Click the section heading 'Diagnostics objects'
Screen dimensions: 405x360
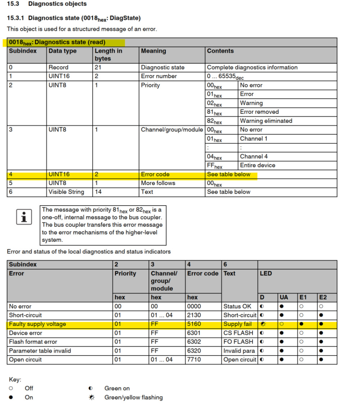pos(57,4)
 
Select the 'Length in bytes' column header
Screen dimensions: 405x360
pos(108,55)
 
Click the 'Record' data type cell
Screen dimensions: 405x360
pos(58,67)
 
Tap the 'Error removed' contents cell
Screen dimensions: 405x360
pos(259,112)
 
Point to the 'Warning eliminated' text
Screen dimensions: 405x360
pos(266,121)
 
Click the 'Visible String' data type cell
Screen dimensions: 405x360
pos(66,192)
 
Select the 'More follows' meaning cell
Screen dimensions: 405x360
pos(158,183)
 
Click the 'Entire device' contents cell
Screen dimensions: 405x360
pos(257,165)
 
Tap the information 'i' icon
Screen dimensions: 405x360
pos(24,217)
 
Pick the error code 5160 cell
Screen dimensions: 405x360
pos(194,324)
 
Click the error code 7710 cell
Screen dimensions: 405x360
pos(194,360)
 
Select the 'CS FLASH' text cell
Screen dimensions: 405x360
pos(238,333)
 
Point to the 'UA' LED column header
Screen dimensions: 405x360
pos(284,297)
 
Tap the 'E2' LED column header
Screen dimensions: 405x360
pos(323,297)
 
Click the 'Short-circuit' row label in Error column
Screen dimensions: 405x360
pos(25,315)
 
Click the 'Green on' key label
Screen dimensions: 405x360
pos(117,388)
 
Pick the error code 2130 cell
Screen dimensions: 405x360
pos(194,315)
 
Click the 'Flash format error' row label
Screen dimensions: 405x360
pos(33,342)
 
